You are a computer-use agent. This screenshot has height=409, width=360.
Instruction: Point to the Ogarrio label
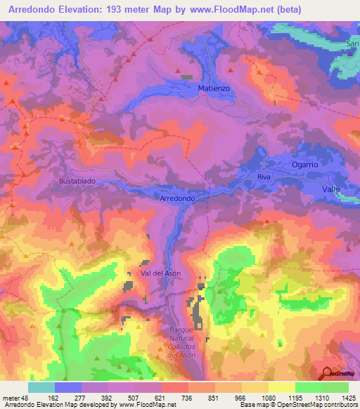[306, 164]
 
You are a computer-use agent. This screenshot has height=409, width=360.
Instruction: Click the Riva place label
[264, 178]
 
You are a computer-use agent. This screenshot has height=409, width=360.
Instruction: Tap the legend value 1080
[268, 397]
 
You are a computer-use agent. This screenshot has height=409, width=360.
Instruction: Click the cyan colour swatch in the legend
[41, 387]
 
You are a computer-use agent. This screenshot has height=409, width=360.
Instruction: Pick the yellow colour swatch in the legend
[281, 387]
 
